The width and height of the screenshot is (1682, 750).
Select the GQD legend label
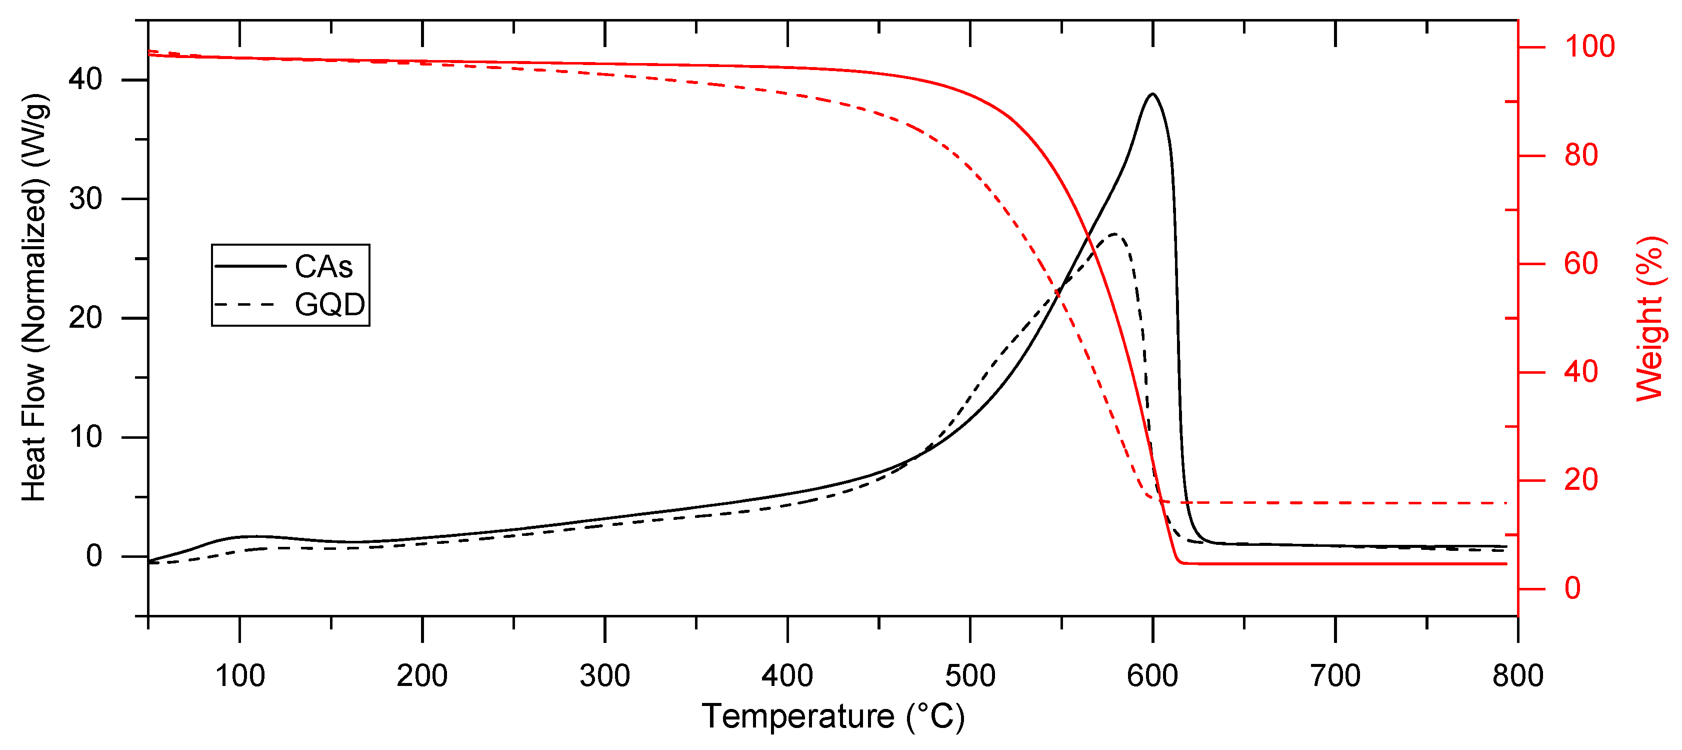[x=329, y=304]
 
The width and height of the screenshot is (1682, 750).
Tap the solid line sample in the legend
[x=250, y=266]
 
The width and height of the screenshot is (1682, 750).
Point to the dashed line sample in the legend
[x=250, y=304]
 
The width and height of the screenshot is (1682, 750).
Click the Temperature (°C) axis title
[x=832, y=716]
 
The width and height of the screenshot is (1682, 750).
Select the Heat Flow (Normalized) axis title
[x=34, y=298]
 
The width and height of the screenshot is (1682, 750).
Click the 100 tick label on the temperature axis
[x=239, y=675]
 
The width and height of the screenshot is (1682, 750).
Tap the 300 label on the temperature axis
[x=604, y=675]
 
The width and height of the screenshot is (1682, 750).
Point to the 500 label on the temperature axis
[x=970, y=675]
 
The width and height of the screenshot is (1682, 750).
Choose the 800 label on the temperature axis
[x=1517, y=675]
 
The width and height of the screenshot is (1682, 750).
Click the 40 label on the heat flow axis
[x=85, y=80]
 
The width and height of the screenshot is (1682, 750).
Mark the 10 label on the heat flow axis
[x=85, y=437]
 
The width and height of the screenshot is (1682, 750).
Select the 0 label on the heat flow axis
[x=94, y=556]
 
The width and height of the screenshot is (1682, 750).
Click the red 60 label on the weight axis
[x=1581, y=264]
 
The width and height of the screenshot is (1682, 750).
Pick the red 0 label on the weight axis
[x=1572, y=588]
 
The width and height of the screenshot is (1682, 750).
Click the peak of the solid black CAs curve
[x=1152, y=94]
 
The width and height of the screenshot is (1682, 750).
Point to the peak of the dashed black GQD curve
[x=1114, y=234]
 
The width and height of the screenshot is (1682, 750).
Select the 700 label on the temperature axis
[x=1335, y=675]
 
